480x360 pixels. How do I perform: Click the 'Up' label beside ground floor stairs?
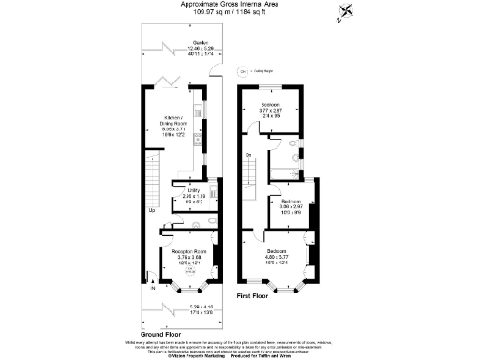(153, 210)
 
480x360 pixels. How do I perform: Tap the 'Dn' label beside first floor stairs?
(248, 154)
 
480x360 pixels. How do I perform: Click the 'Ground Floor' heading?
(160, 333)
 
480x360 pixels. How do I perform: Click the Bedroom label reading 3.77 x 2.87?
(270, 108)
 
